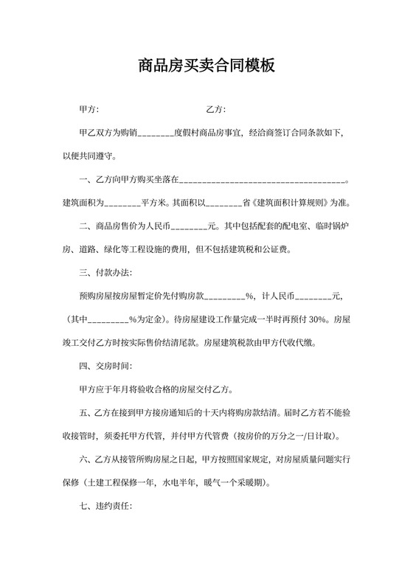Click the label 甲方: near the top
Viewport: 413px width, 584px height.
click(x=89, y=110)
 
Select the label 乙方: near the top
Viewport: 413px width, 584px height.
click(x=216, y=110)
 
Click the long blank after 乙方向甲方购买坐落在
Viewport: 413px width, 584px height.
click(x=261, y=180)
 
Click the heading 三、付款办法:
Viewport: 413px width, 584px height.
click(x=105, y=273)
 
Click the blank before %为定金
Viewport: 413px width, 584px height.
click(x=108, y=319)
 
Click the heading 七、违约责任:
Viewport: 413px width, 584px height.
click(x=105, y=528)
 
